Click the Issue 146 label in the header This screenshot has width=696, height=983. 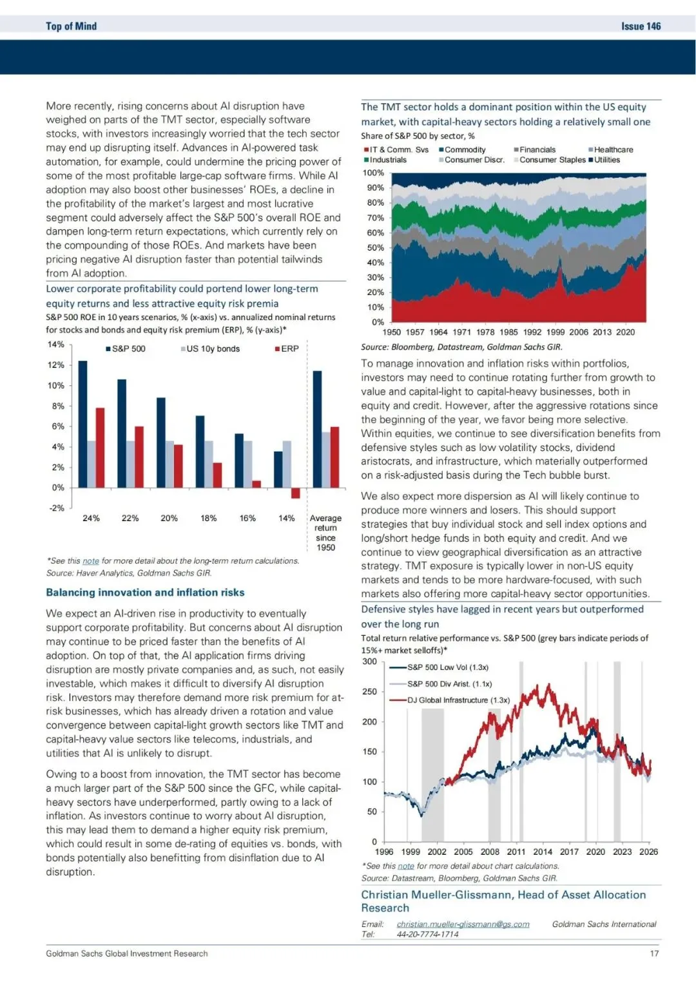pyautogui.click(x=641, y=26)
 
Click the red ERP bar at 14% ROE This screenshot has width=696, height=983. pyautogui.click(x=295, y=493)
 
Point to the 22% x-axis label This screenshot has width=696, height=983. pyautogui.click(x=130, y=518)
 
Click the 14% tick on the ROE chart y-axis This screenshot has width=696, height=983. pyautogui.click(x=56, y=345)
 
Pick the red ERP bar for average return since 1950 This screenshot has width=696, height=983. pyautogui.click(x=334, y=457)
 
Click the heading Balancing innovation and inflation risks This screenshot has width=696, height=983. pyautogui.click(x=145, y=593)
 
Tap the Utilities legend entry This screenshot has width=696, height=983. pyautogui.click(x=606, y=160)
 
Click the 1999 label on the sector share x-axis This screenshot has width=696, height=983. pyautogui.click(x=556, y=332)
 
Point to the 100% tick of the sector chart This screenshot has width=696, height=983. pyautogui.click(x=373, y=173)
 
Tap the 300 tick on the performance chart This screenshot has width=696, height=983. pyautogui.click(x=370, y=662)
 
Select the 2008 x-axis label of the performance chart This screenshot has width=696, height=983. pyautogui.click(x=490, y=852)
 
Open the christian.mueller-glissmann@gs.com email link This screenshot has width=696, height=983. pyautogui.click(x=463, y=924)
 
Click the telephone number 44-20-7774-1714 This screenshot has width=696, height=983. pyautogui.click(x=427, y=934)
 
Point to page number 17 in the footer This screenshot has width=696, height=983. pyautogui.click(x=654, y=953)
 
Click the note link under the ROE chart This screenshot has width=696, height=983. pyautogui.click(x=91, y=561)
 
